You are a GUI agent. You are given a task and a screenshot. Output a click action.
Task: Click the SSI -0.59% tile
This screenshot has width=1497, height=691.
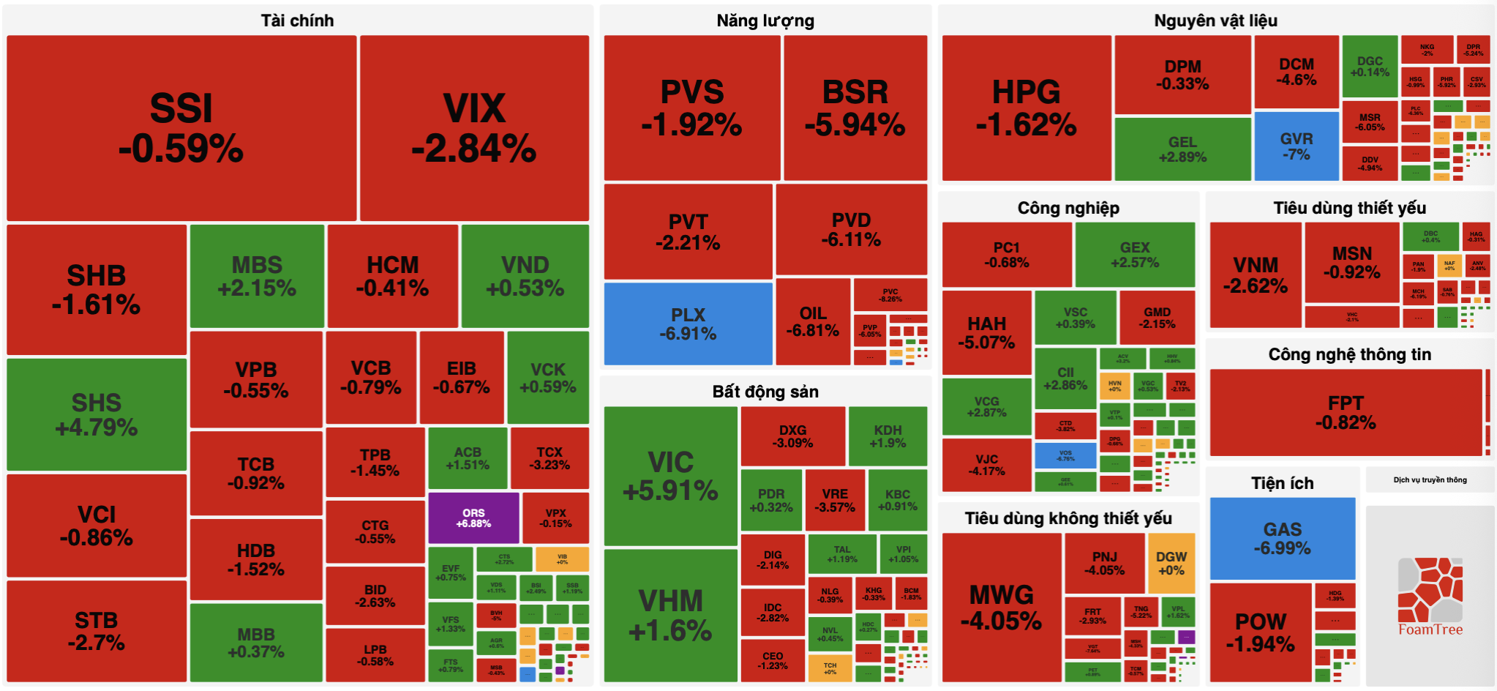click(x=181, y=128)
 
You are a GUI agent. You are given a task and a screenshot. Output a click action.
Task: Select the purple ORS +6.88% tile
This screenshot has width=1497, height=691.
click(x=473, y=518)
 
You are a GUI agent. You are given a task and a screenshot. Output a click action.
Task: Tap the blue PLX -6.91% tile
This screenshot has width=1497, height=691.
click(x=688, y=324)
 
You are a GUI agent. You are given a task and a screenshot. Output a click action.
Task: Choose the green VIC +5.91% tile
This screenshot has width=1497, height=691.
click(x=670, y=476)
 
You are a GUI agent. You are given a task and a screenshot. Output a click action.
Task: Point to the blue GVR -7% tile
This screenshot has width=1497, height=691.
click(x=1297, y=146)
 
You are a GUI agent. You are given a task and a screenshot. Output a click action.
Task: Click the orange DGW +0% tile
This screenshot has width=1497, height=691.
click(x=1171, y=563)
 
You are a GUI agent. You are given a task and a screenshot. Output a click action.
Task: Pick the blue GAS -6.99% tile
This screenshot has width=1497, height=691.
click(x=1282, y=538)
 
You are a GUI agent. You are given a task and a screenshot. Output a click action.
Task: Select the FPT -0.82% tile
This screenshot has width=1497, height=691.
click(x=1346, y=413)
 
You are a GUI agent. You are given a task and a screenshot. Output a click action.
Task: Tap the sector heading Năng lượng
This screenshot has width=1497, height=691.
click(x=765, y=20)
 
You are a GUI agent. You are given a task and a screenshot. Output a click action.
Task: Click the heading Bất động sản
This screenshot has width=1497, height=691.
click(x=765, y=392)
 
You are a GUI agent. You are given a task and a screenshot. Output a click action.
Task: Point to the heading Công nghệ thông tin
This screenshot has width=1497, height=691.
click(x=1349, y=354)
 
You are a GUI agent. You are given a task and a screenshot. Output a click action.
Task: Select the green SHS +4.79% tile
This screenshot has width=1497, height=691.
click(x=97, y=414)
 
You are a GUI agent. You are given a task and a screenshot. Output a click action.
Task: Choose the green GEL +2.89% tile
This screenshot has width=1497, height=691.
click(x=1182, y=149)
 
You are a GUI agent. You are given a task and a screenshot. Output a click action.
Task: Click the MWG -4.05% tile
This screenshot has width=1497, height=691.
click(x=1001, y=608)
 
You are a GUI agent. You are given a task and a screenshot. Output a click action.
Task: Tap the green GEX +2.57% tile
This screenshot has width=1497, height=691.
click(x=1135, y=255)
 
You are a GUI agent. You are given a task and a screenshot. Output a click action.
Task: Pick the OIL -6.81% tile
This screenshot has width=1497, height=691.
click(x=812, y=322)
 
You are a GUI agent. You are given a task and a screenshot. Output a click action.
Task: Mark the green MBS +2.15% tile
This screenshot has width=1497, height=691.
click(x=257, y=276)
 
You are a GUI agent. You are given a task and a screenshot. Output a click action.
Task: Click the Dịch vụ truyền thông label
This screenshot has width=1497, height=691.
click(x=1430, y=480)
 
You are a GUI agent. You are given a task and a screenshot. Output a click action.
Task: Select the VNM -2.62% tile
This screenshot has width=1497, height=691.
click(x=1255, y=275)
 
